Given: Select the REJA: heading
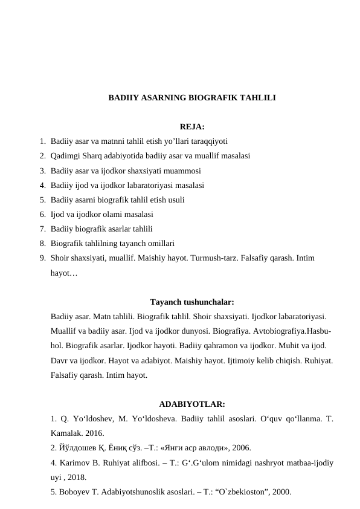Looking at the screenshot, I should [x=192, y=127].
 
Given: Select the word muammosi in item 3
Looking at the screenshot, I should [x=181, y=170].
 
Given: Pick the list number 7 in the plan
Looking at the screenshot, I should [x=42, y=229].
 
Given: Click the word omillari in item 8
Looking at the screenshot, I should [x=161, y=243].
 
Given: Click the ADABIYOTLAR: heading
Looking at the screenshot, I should [x=192, y=404].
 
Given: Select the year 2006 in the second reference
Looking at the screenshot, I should [x=238, y=448].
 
